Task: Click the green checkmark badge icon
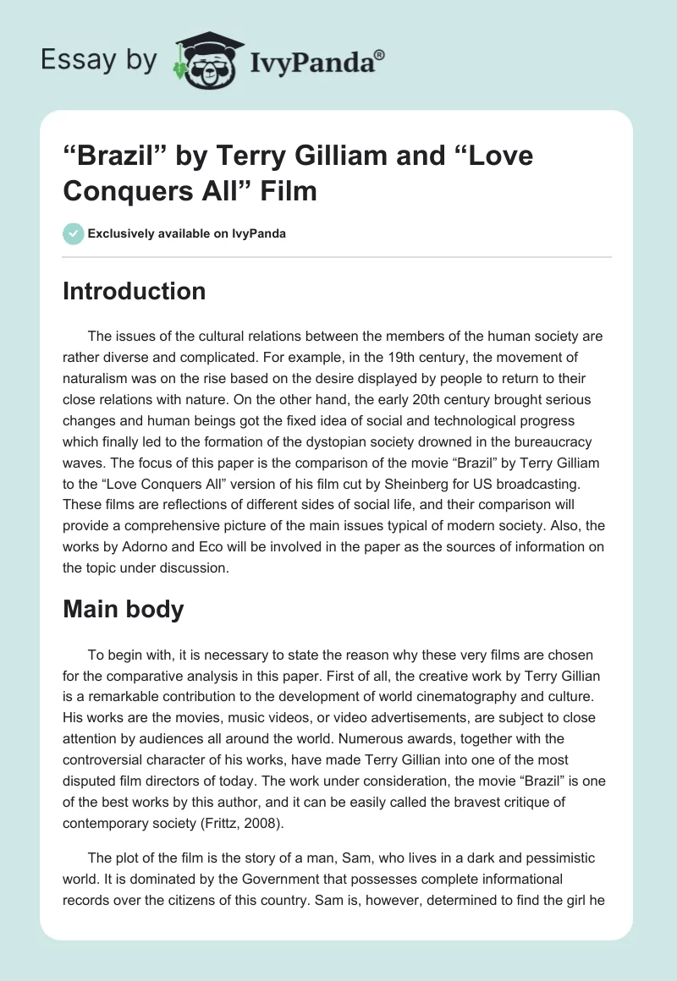73,233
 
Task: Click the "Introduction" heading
134,291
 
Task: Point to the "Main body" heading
123,609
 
